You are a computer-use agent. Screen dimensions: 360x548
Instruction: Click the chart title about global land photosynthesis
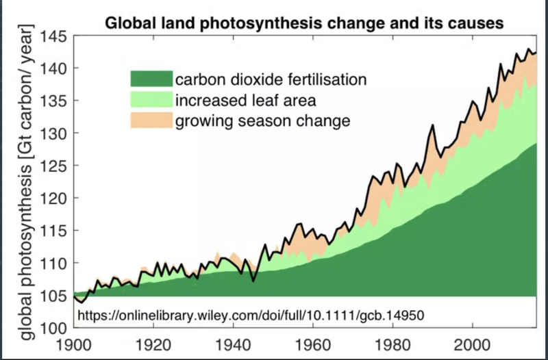coord(304,23)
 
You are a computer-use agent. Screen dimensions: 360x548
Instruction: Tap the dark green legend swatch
coord(150,79)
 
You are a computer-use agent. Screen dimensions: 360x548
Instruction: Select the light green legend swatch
coord(150,101)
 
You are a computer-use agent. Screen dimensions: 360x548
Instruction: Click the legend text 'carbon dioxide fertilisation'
coord(271,79)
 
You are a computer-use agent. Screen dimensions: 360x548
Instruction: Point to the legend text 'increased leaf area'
coord(245,101)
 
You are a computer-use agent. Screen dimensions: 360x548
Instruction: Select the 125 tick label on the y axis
coord(54,166)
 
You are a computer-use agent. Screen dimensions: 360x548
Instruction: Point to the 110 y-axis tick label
coord(54,263)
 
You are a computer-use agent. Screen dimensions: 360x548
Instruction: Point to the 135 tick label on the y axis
coord(54,101)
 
